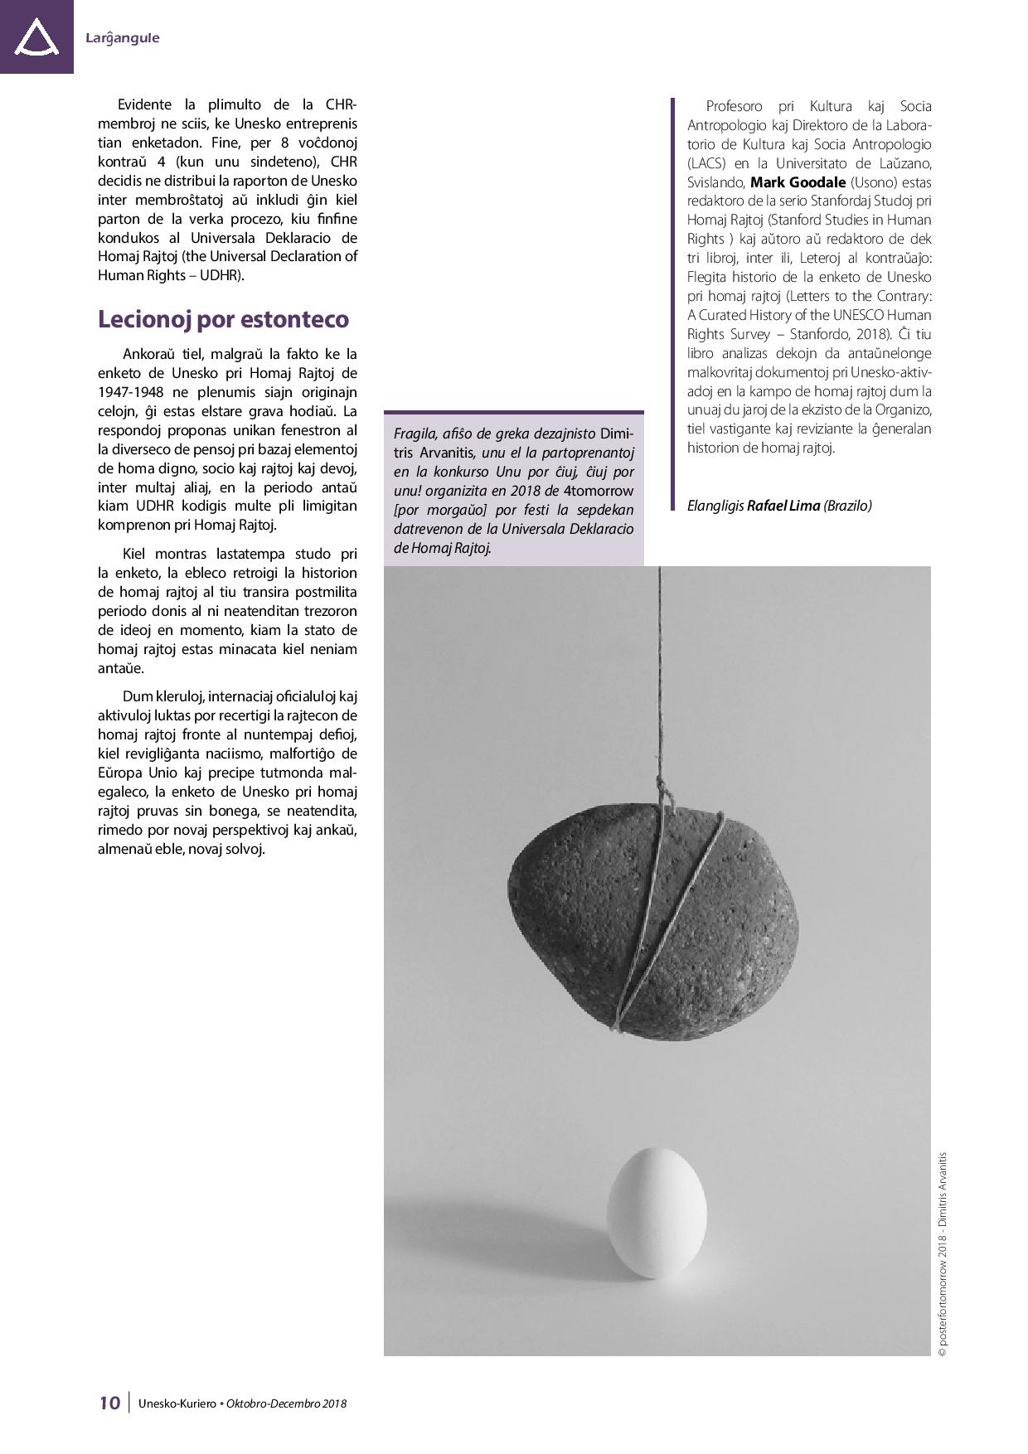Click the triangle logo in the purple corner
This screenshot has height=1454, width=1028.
coord(36,38)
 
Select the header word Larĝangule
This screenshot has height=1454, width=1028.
coord(122,38)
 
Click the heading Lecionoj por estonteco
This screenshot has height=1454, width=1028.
coord(223,319)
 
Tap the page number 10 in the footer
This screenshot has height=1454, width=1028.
coord(109,1403)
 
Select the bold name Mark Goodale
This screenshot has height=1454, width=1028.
coord(786,182)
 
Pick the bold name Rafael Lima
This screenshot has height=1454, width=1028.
coord(783,505)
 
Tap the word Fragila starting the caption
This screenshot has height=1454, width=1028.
coord(415,434)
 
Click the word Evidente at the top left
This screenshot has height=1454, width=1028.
coord(144,104)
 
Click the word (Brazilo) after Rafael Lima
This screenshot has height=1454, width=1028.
coord(847,505)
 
